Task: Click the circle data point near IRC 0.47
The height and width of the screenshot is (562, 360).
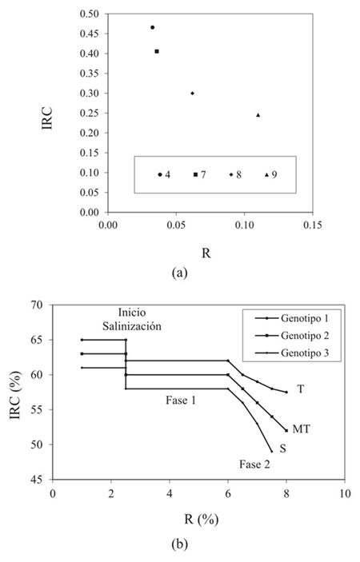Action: (152, 27)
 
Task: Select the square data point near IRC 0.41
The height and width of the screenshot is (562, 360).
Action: (157, 51)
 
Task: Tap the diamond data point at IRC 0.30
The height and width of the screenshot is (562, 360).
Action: (192, 93)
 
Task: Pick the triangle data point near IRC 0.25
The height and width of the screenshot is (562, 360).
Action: (258, 114)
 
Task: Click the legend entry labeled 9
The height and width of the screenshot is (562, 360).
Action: (270, 173)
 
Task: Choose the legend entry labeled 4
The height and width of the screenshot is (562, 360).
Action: (163, 173)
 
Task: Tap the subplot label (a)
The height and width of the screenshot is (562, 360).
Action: (179, 272)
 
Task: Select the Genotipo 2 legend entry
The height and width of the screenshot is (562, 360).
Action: (290, 335)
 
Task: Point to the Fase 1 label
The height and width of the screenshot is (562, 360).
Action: (186, 397)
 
